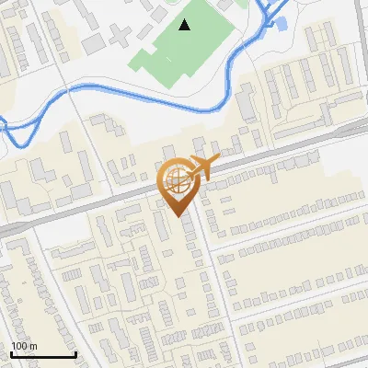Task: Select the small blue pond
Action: (282, 23)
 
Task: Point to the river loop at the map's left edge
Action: (11, 132)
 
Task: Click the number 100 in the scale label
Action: (19, 346)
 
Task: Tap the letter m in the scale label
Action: (34, 346)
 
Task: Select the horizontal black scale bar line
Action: (42, 354)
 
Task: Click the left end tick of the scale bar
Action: (11, 353)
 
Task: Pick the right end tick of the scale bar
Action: (75, 353)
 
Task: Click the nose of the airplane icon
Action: (219, 162)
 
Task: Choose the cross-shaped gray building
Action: (120, 37)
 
